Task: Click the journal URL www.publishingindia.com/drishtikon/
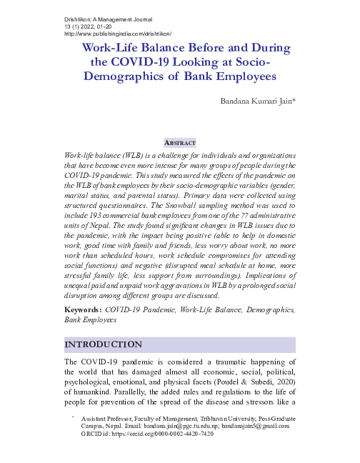[118, 34]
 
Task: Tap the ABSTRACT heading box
[180, 142]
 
